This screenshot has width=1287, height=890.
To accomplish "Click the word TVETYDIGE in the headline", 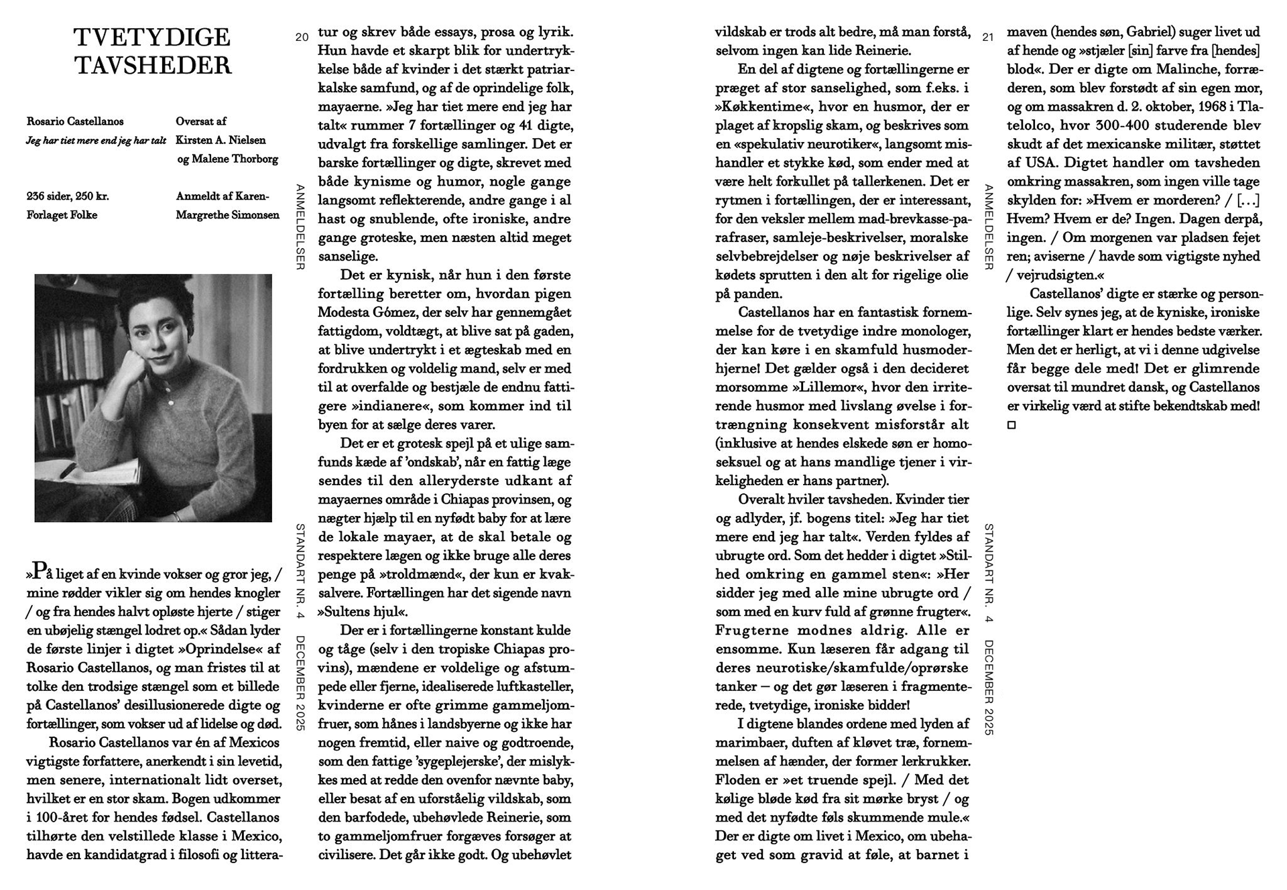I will [152, 37].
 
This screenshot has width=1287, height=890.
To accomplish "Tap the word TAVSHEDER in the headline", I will [153, 66].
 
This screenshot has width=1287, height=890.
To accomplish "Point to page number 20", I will [302, 38].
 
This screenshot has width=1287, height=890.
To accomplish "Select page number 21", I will [987, 38].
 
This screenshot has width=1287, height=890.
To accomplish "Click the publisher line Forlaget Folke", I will [62, 215].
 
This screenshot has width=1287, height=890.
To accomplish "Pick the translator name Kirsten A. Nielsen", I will [221, 140].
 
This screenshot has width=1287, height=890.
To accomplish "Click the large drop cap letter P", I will [40, 571].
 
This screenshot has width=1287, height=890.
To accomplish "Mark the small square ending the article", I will [1012, 425].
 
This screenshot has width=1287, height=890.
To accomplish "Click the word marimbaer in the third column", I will [747, 743].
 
